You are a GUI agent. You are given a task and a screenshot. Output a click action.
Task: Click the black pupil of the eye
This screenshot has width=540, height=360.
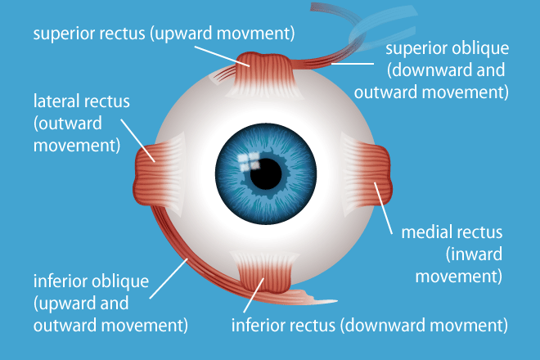pos(265,173)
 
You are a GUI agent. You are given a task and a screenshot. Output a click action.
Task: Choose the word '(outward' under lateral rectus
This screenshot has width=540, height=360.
pos(62,124)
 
